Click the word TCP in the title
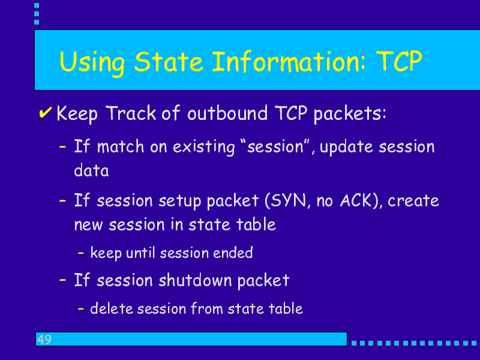pos(399,61)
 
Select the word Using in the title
pos(92,63)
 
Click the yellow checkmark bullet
pos(45,112)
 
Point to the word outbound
pos(227,113)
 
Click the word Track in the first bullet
pos(131,113)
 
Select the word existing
pos(203,147)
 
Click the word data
pos(91,170)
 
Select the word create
pos(413,201)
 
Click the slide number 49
pos(44,339)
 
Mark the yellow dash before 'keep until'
pos(81,253)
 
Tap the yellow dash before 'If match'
pos(62,147)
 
